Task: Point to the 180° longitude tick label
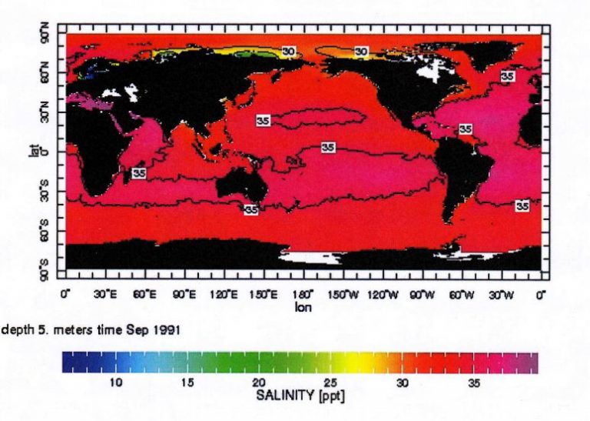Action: click(303, 293)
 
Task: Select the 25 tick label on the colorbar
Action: click(330, 383)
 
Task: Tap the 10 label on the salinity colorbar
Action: click(116, 383)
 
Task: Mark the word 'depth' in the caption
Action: click(17, 330)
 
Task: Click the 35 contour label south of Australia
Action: click(250, 209)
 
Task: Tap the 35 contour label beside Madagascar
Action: click(139, 173)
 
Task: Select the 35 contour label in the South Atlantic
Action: click(522, 205)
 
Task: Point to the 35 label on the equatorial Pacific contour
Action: click(327, 147)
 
